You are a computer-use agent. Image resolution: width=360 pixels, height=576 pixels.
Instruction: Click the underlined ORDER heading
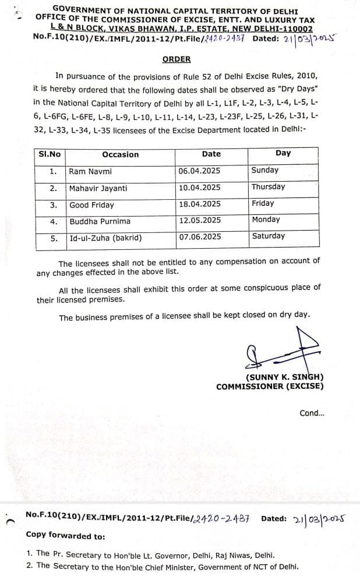coord(176,59)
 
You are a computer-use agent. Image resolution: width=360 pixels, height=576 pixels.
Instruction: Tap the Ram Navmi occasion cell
coord(90,171)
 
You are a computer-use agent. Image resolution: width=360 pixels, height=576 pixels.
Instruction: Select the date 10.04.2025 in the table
coord(200,188)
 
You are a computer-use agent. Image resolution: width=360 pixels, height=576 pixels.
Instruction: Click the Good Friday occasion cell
coord(92,205)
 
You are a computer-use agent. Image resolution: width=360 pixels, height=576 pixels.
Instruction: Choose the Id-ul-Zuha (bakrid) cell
coord(105,238)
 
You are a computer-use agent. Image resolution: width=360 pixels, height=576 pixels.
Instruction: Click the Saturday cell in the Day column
coord(269,236)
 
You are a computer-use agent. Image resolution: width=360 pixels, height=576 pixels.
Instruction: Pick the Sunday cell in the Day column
coord(265,170)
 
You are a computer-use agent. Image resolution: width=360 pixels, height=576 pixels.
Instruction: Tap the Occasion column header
coord(121,154)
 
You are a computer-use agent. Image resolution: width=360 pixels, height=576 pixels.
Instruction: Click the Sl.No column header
coord(50,154)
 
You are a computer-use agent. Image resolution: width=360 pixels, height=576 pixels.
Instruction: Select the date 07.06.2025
coord(200,236)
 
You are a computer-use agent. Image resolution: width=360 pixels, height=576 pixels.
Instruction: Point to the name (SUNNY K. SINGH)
coord(284,377)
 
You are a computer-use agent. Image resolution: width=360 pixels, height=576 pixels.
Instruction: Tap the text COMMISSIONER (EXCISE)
coord(270,386)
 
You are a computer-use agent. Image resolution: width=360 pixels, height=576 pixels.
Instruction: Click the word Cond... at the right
coord(312,413)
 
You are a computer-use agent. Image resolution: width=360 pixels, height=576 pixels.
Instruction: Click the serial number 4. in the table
coord(54,221)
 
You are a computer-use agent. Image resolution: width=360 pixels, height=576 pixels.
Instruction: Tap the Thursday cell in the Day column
coord(269,187)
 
